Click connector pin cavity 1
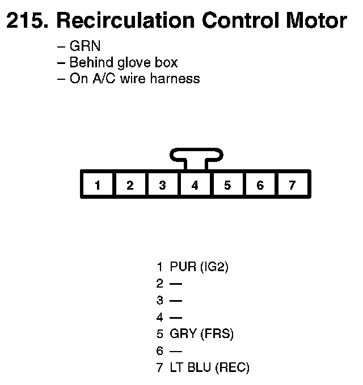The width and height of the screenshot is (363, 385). click(x=98, y=185)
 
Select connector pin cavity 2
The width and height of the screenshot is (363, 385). click(x=130, y=185)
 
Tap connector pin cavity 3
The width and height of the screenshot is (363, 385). click(x=163, y=185)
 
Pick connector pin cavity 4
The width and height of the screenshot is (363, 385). click(x=195, y=185)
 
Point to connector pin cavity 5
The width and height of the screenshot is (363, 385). click(x=227, y=185)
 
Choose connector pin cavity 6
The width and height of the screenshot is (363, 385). click(x=260, y=185)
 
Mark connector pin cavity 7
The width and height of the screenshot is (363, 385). click(x=292, y=185)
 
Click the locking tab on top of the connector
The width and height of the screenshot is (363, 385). click(x=196, y=155)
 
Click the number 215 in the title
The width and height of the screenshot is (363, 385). click(x=27, y=22)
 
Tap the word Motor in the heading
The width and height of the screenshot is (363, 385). click(x=316, y=22)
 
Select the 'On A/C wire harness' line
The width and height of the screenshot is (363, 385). click(x=134, y=78)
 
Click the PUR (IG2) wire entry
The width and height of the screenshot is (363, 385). click(x=199, y=267)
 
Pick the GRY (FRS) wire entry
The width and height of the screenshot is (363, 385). click(x=201, y=334)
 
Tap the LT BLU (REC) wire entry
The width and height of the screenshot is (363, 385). click(x=209, y=367)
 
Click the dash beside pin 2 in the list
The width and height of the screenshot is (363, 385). click(x=176, y=284)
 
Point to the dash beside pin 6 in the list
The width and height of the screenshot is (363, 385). click(x=176, y=351)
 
